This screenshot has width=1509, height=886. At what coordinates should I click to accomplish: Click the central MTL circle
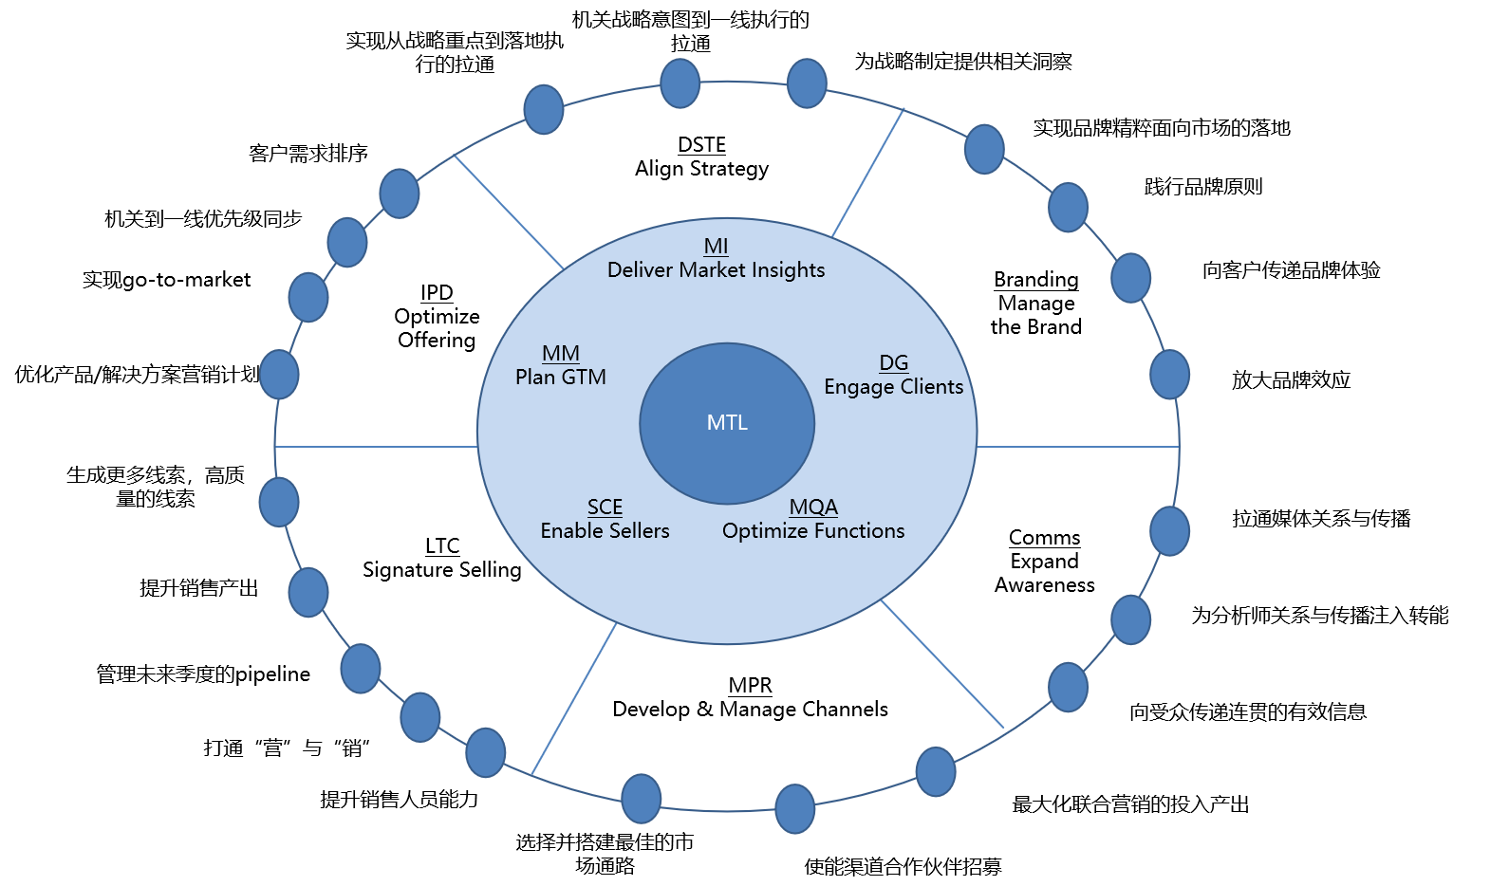[727, 423]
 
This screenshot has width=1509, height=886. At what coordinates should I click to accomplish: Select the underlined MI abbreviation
[716, 247]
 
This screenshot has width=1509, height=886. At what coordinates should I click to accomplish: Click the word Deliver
[640, 270]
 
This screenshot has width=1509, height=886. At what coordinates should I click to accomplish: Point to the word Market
[712, 270]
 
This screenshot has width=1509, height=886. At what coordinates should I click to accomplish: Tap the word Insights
[788, 270]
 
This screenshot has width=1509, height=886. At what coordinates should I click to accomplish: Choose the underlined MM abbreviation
[560, 354]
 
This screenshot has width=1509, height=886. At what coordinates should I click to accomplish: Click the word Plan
[534, 378]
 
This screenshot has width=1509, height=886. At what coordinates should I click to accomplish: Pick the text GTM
[584, 378]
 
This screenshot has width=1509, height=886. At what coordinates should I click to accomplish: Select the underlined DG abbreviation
[893, 363]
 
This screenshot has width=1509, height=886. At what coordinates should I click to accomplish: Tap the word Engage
[859, 387]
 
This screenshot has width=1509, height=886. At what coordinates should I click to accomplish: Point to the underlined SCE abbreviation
[605, 508]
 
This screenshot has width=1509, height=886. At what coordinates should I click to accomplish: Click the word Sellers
[640, 531]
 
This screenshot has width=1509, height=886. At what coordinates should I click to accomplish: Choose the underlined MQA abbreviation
[813, 508]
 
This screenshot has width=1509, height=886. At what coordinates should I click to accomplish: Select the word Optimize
[763, 531]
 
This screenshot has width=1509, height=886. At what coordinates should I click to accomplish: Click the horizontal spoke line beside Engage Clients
[1077, 446]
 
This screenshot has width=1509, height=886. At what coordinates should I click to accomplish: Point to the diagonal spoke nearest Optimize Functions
[941, 664]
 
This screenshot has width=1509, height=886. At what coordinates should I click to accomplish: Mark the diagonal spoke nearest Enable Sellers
[573, 699]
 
